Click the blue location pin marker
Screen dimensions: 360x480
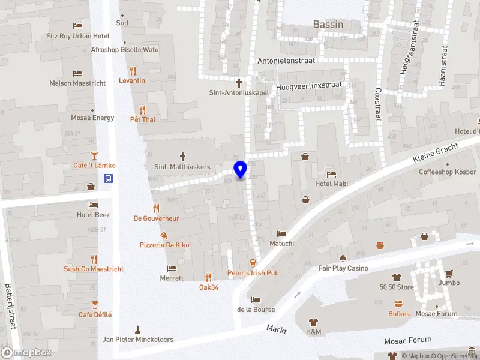[241, 170]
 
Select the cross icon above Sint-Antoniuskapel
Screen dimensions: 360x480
[239, 82]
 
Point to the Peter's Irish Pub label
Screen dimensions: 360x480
[253, 273]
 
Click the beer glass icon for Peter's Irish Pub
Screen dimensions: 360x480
[253, 262]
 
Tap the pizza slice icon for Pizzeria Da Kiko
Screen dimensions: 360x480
[164, 235]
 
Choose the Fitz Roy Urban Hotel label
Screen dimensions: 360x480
[78, 36]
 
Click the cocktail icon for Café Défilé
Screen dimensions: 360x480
[95, 304]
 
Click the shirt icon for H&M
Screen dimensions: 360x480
[313, 322]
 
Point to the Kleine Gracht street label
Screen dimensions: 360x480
[436, 153]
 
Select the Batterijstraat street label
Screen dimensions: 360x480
[10, 307]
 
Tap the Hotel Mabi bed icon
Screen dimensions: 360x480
[331, 174]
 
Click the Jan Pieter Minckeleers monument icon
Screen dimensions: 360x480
[137, 329]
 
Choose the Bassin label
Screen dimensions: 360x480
[328, 25]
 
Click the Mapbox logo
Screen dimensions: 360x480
[26, 353]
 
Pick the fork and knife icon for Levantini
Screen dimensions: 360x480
[133, 71]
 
